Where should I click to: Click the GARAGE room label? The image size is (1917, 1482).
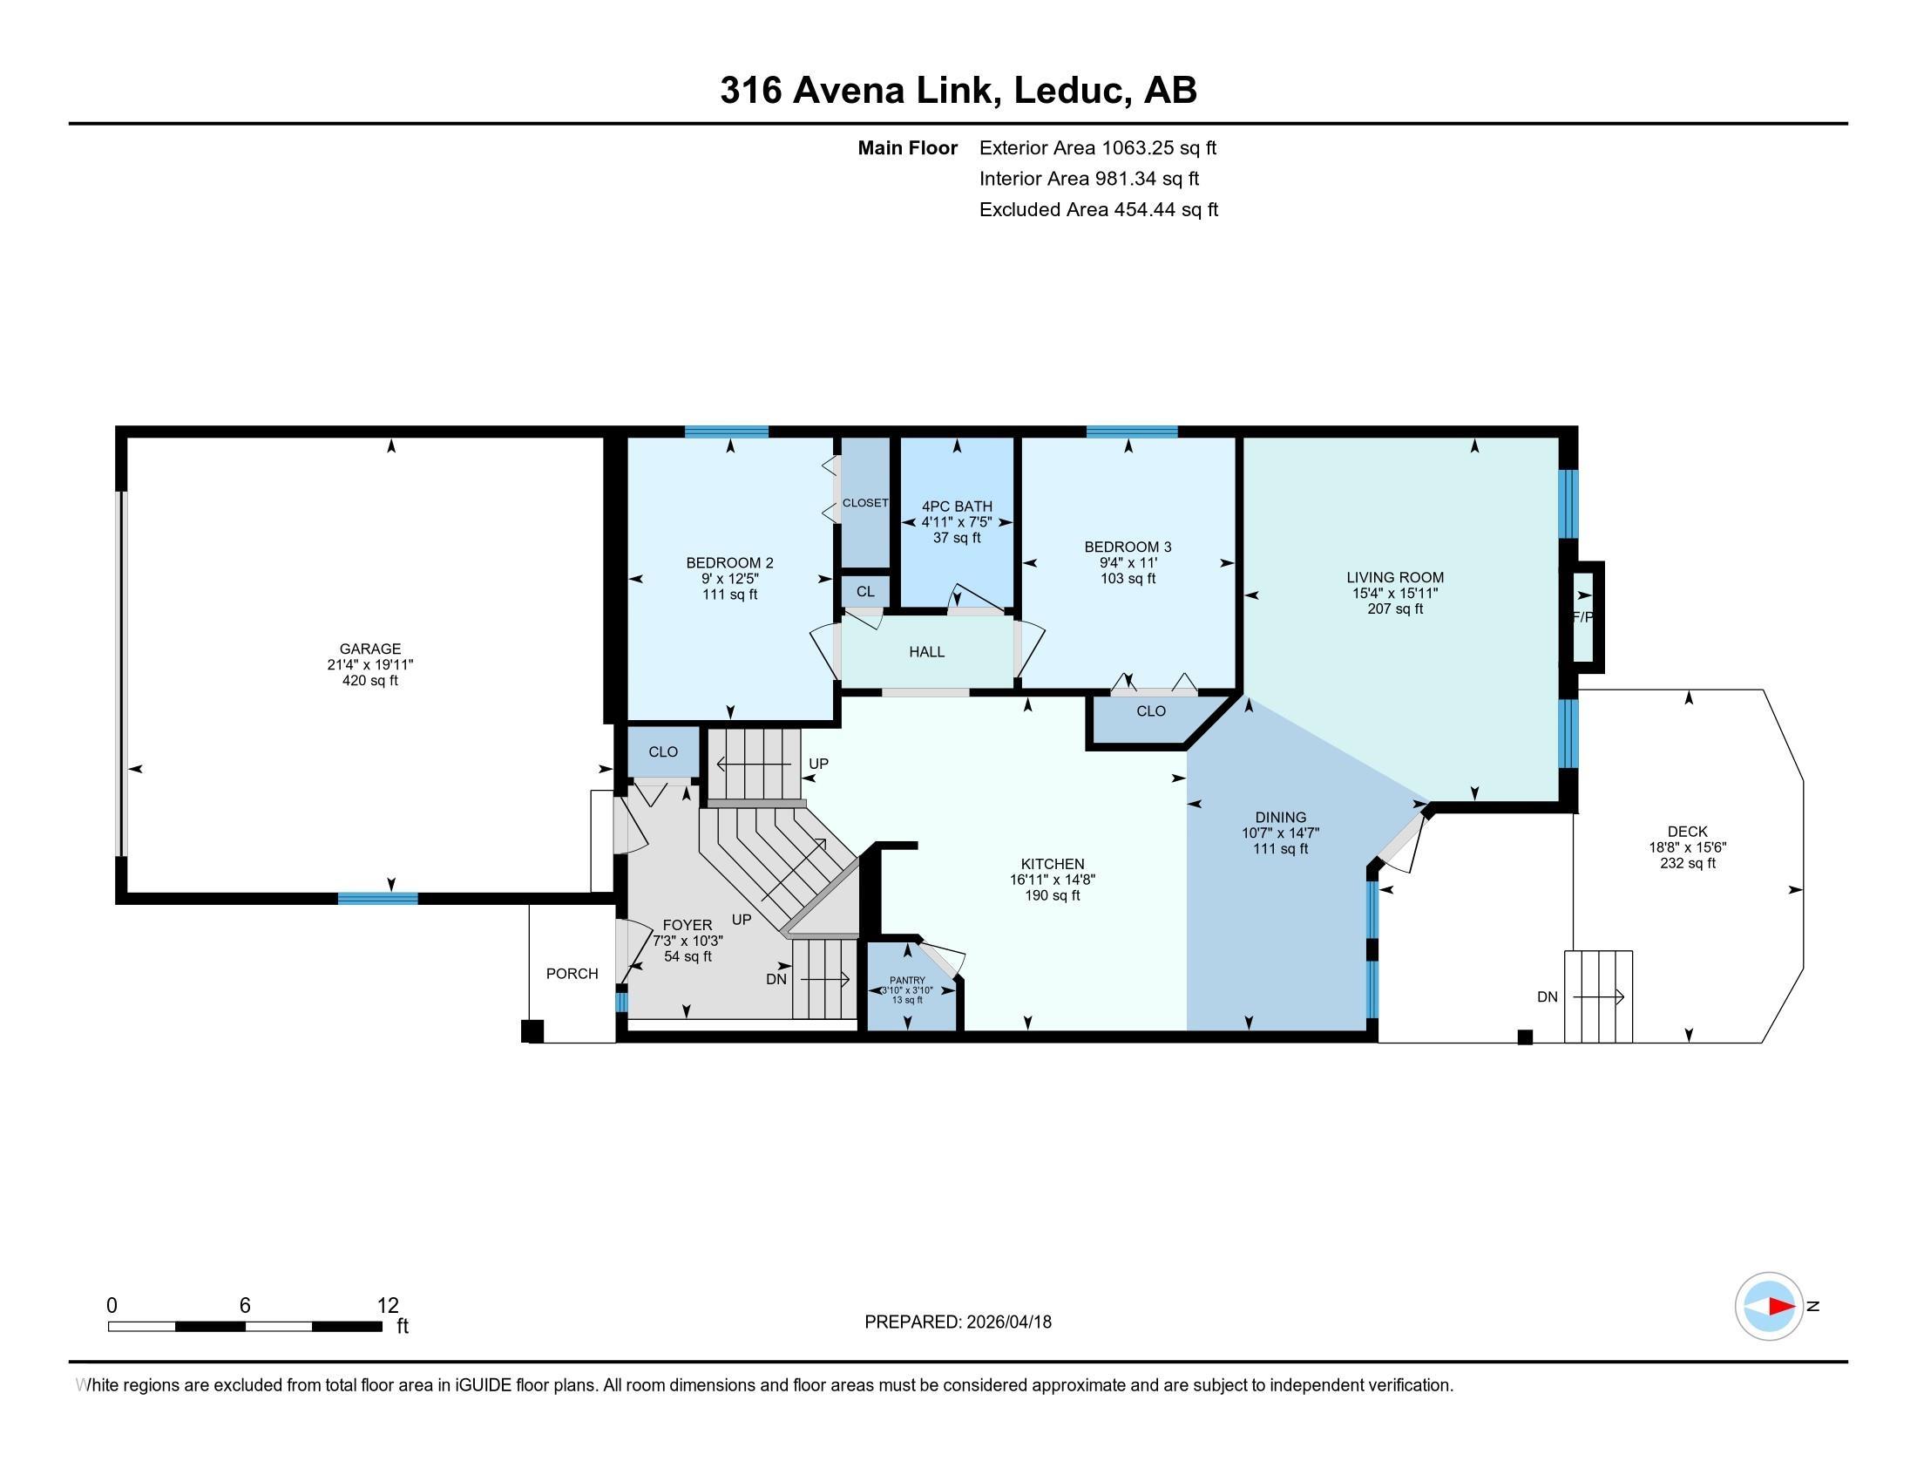point(369,649)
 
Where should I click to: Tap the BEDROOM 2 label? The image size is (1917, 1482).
point(729,563)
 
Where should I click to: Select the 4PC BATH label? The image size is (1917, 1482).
point(957,506)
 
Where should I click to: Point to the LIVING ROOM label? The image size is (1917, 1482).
point(1395,577)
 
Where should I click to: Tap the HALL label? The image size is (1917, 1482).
point(927,651)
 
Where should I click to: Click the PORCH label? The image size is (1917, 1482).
point(572,973)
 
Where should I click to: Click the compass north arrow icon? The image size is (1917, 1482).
point(1769,1306)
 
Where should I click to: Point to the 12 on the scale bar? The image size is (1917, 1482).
point(388,1305)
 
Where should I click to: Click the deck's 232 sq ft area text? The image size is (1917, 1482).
point(1687,863)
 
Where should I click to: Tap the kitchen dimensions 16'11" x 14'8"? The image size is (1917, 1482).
point(1053,880)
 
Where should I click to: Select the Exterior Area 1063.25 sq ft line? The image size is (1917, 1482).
point(1098,147)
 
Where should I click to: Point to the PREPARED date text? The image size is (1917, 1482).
point(958,1322)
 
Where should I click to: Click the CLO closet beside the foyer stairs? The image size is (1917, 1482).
point(663,751)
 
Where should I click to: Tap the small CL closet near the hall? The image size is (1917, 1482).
point(865,591)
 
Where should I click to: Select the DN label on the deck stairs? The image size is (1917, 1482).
point(1547,996)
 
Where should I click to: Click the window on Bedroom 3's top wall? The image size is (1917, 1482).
point(1131,431)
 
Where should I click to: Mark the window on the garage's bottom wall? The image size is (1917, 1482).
point(378,898)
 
